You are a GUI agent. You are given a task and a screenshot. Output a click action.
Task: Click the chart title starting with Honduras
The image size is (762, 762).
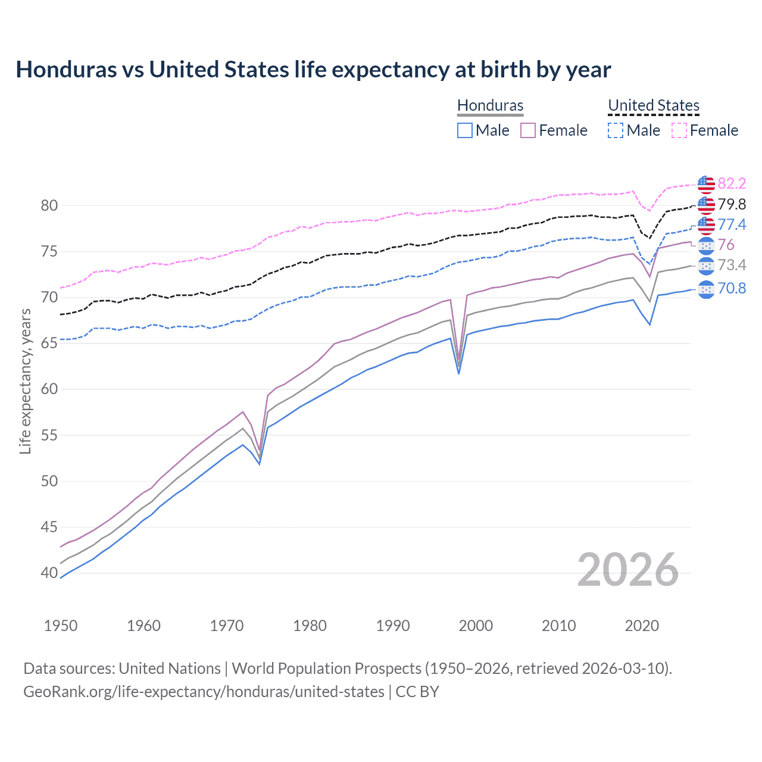[x=313, y=70]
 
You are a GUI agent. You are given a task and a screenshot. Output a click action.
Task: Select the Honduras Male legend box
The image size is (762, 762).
[x=465, y=130]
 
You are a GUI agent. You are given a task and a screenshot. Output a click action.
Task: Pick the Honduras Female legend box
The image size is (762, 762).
[x=528, y=130]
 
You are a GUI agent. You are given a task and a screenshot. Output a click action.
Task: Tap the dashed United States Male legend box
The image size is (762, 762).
[x=616, y=130]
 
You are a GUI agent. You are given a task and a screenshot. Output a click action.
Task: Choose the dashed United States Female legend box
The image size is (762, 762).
[x=679, y=130]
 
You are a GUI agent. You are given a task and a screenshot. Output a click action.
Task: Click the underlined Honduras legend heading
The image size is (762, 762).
[x=490, y=105]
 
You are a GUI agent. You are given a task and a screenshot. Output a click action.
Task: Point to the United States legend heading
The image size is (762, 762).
[x=653, y=105]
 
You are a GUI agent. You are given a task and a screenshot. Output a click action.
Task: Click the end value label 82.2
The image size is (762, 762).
[x=732, y=183]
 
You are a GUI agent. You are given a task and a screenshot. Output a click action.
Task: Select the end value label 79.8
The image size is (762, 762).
[x=732, y=204]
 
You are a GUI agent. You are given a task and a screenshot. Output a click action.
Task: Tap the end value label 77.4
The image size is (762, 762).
[x=732, y=224]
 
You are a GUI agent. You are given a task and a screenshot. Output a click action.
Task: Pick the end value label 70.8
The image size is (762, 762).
[x=732, y=289]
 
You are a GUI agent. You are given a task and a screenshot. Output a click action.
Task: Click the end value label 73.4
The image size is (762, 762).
[x=732, y=265]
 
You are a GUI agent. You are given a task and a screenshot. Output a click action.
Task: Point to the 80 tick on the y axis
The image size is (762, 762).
[x=49, y=206]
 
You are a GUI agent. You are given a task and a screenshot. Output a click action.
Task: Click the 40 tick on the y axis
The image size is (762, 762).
[x=49, y=573]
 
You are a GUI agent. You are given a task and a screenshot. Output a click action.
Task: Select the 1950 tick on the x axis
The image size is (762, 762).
[x=61, y=626]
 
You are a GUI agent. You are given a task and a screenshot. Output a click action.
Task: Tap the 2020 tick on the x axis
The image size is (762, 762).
[x=642, y=626]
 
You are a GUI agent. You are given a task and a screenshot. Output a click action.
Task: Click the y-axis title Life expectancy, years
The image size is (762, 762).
[x=25, y=381]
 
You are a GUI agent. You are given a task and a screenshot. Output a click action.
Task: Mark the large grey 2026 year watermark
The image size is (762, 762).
[x=628, y=570]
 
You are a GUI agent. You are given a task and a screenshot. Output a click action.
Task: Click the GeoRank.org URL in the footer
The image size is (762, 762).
[x=204, y=692]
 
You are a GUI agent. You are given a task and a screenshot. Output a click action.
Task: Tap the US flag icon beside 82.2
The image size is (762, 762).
[x=706, y=185]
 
